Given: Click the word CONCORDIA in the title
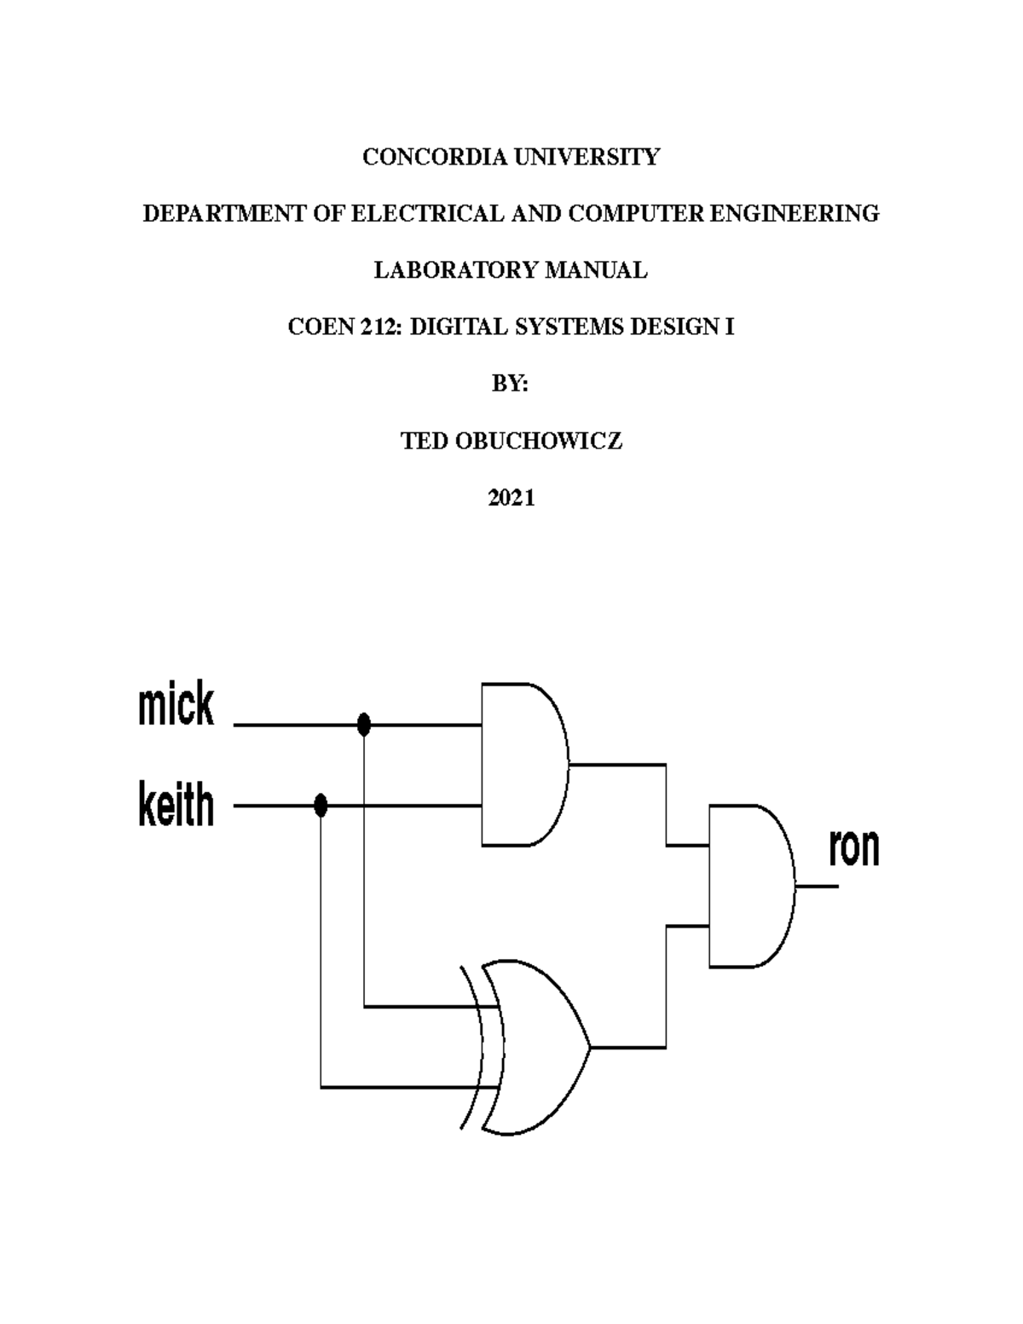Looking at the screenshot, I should pos(412,158).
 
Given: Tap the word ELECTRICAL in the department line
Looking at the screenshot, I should pos(427,214).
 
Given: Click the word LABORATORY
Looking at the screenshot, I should pos(456,271).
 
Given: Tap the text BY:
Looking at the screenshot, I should pos(511,384).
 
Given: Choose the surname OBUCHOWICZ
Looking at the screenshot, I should pos(539,442).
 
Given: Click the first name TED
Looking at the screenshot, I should pos(424,442).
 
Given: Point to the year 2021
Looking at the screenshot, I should pos(511,499).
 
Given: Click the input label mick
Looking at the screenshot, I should pos(176,707).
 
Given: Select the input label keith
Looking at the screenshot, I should pos(176,806).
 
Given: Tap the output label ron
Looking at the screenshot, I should pos(853,848).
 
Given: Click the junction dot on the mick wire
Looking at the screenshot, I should pos(364,725).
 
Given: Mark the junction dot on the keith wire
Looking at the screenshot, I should pos(321,805).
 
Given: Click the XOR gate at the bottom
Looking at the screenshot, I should pos(533,1047).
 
